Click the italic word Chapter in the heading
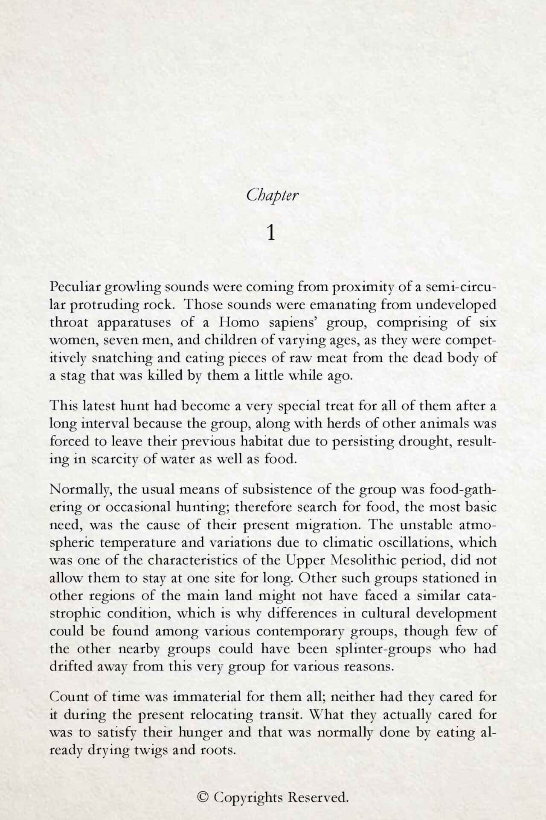pos(273,196)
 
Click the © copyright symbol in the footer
pos(203,797)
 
